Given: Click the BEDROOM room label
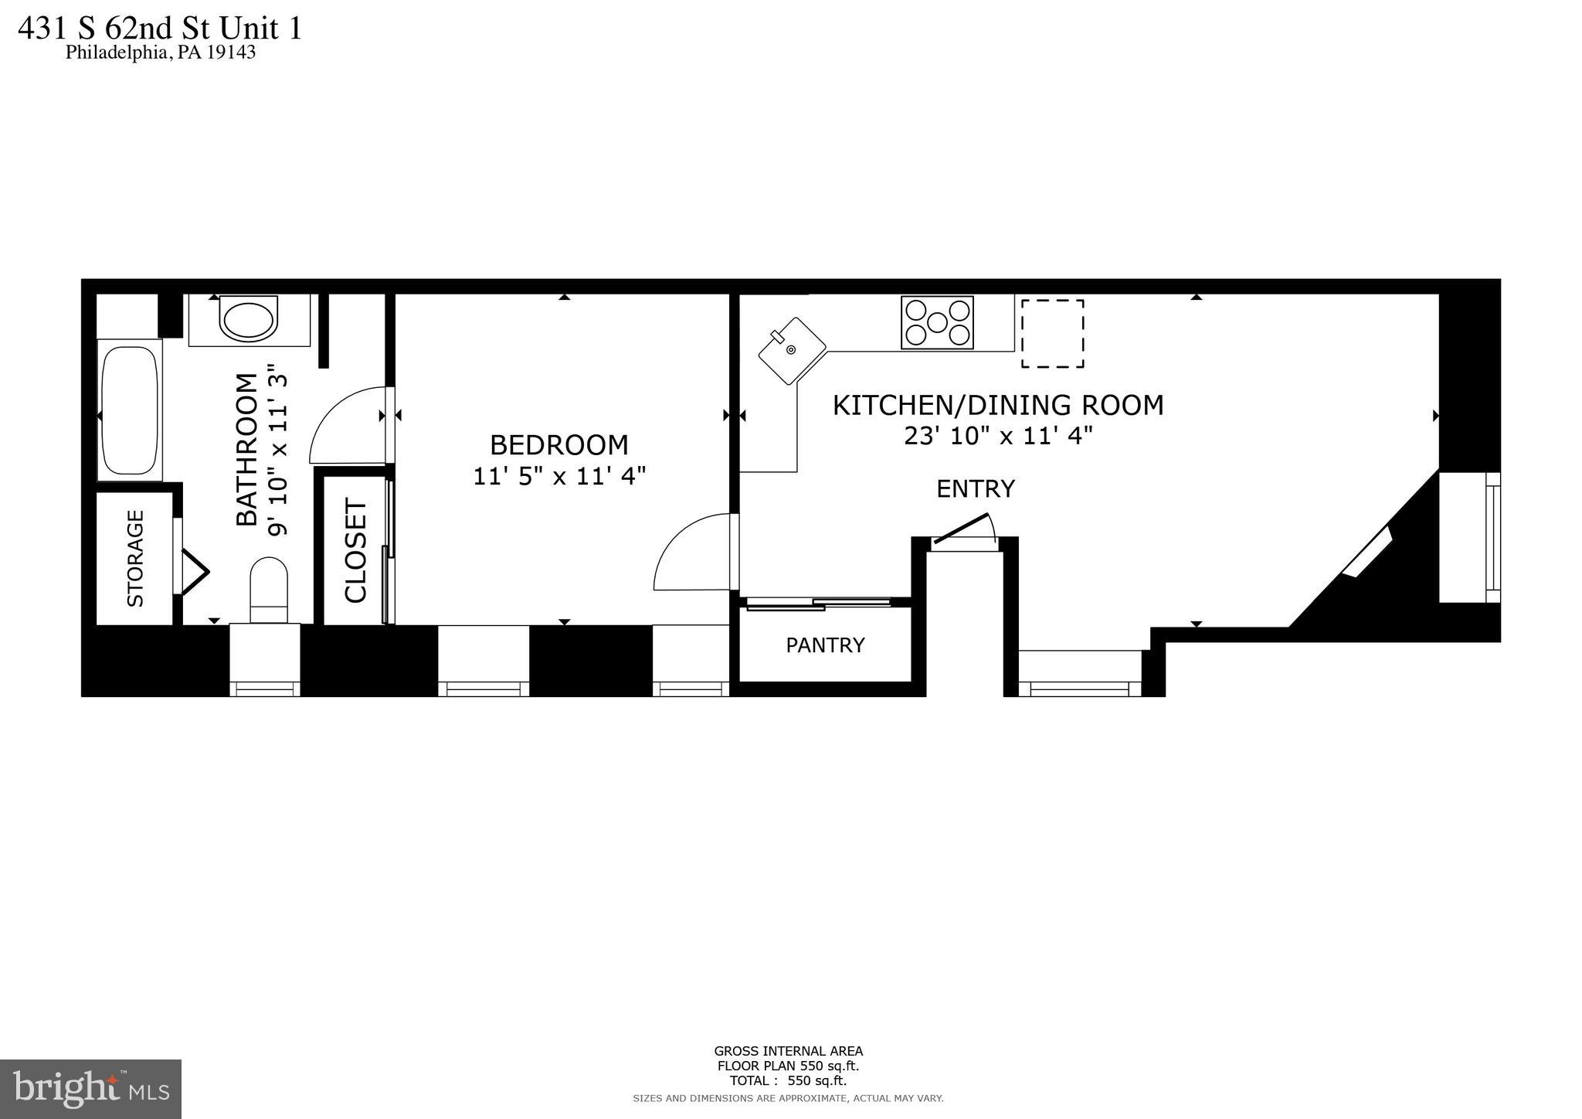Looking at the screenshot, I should click(x=558, y=445).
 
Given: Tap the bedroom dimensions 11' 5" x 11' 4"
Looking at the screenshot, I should click(x=558, y=476).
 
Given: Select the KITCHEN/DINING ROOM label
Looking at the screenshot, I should click(x=997, y=405).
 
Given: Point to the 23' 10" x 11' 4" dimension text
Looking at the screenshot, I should click(x=997, y=437).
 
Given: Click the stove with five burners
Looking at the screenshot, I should click(x=937, y=322).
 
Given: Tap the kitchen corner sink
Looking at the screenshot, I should click(x=792, y=350).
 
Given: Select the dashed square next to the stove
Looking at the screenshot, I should click(x=1052, y=334).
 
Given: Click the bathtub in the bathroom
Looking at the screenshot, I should click(x=130, y=410).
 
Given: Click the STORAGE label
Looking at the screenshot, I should click(x=135, y=558).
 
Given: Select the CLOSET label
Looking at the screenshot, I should click(x=355, y=550).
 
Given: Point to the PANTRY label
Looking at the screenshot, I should click(x=825, y=645).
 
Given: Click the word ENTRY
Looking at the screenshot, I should click(x=975, y=489).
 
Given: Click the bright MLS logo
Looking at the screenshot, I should click(x=90, y=1089).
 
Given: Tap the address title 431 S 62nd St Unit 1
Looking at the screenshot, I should click(x=160, y=29).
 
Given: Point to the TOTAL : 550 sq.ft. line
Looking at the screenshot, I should click(x=788, y=1081).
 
